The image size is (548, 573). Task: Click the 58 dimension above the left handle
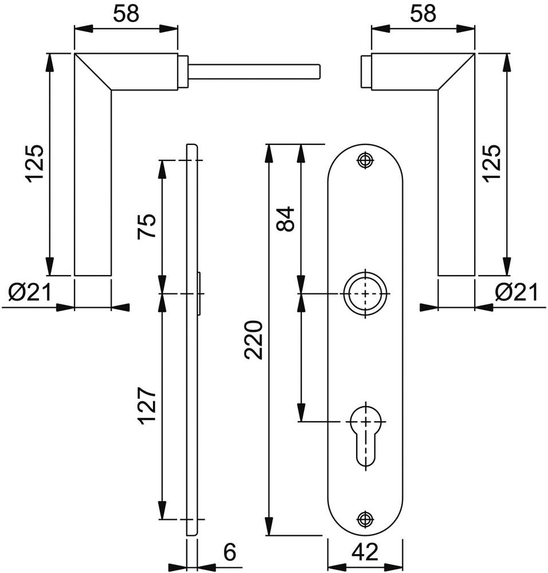126,14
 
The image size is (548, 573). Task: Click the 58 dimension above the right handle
423,14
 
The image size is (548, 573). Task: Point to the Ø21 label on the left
30,293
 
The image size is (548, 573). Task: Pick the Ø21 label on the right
517,293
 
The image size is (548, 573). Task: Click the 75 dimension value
147,226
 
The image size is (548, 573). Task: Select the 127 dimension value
148,406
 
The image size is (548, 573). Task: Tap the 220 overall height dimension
254,340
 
